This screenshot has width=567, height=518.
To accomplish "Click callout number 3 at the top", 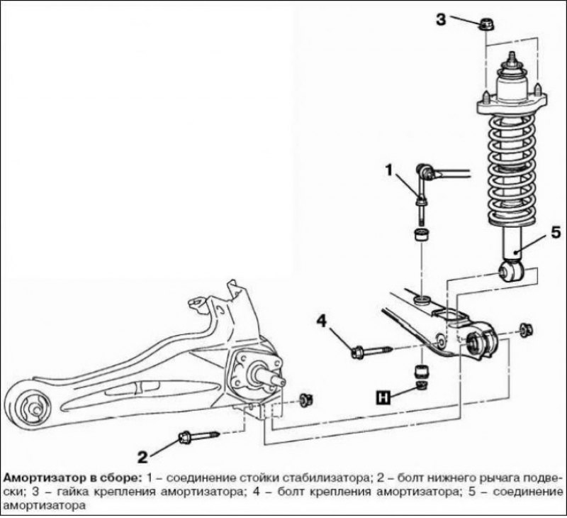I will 441,19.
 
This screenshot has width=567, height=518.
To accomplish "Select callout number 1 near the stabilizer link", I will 389,169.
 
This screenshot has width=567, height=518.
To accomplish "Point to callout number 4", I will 320,321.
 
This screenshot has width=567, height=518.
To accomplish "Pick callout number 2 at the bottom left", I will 141,455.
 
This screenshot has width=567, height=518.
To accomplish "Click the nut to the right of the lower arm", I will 526,329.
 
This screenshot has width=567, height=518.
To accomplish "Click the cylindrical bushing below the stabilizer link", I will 421,235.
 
